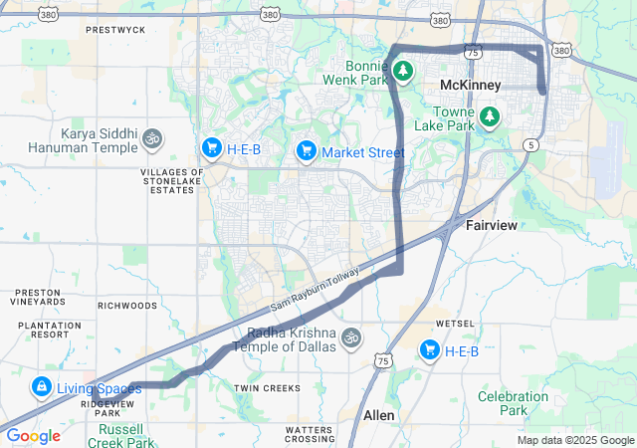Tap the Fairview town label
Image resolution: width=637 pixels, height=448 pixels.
492,226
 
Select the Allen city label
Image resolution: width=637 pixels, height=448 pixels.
378,414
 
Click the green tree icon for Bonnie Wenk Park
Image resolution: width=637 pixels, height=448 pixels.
403,71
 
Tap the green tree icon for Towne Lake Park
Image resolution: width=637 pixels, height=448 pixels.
489,117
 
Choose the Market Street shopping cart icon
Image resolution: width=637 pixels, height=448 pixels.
306,151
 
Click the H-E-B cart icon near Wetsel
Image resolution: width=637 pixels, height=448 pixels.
430,349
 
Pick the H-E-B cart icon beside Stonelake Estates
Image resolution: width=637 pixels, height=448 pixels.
211,148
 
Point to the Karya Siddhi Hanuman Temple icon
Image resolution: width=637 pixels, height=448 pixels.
152,136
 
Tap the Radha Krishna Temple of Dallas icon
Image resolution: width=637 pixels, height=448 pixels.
349,337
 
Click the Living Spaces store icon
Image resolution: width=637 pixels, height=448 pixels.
41,386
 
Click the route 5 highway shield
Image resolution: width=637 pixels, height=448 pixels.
531,145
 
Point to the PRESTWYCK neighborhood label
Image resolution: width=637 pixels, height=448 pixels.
115,30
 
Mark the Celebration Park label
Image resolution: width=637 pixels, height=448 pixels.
513,403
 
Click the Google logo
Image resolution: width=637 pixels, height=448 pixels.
33,436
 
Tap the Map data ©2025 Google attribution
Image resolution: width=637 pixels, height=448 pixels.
575,440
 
